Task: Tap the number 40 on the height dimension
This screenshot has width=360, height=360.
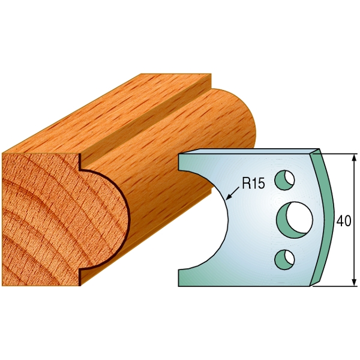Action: [344, 220]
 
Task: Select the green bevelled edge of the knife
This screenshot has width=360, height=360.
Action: [326, 219]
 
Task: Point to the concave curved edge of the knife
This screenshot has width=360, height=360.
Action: [226, 219]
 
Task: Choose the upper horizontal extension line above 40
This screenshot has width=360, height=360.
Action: [339, 154]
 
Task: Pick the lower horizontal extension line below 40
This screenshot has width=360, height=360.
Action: [339, 286]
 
